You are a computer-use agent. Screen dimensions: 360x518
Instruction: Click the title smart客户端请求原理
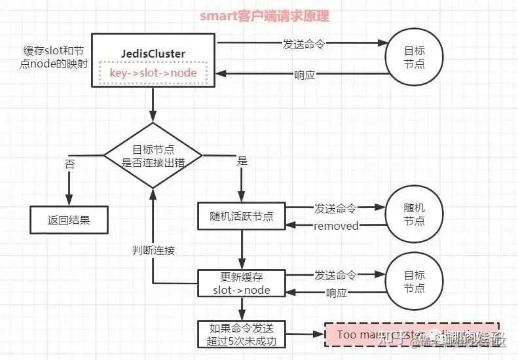pos(258,16)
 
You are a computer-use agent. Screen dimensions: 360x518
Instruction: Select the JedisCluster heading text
pos(153,54)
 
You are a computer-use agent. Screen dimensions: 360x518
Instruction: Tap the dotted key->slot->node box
pos(153,73)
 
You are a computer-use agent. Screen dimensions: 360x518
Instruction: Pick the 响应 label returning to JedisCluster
pos(305,75)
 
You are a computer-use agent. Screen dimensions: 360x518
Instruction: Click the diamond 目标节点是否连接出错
pos(153,156)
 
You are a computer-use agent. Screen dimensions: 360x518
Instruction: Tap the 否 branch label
pos(69,164)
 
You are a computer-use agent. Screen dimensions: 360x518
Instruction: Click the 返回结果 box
pos(69,220)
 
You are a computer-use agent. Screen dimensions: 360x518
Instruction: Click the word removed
pos(336,226)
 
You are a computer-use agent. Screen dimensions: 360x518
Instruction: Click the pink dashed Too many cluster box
pos(413,334)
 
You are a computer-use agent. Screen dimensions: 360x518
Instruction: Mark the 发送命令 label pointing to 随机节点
pos(335,207)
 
